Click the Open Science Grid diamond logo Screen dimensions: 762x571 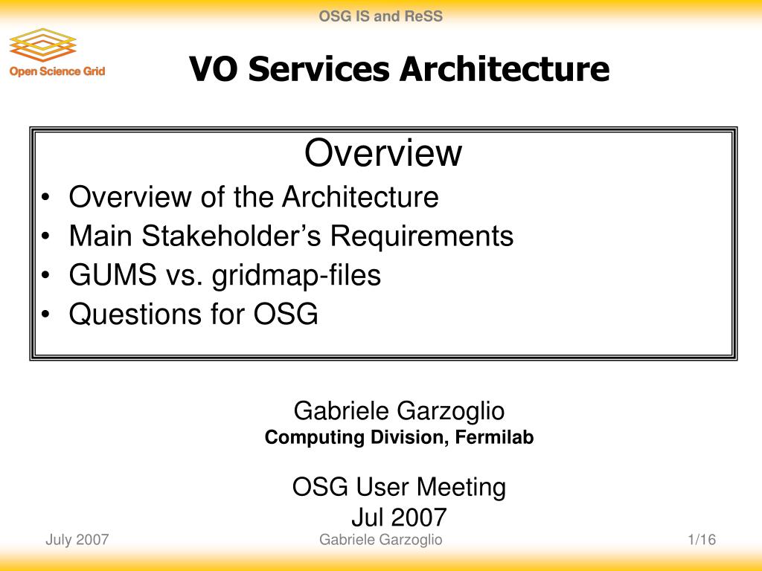(x=42, y=45)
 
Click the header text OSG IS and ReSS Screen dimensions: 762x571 (x=380, y=16)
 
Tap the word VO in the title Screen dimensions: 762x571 (x=213, y=68)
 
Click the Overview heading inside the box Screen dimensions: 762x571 (x=383, y=152)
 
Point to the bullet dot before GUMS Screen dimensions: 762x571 (x=45, y=275)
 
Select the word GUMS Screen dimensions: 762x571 (x=113, y=275)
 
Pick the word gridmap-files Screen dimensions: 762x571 (x=296, y=276)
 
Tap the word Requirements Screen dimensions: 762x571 (x=422, y=236)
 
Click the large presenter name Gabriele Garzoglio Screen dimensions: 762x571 (x=399, y=410)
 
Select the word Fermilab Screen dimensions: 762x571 (x=494, y=437)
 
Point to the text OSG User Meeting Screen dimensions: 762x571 (x=399, y=488)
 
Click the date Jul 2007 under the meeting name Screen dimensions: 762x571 (x=399, y=517)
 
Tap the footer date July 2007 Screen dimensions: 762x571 (x=77, y=540)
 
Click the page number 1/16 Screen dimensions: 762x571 (x=702, y=540)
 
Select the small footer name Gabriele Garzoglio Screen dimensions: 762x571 (x=380, y=540)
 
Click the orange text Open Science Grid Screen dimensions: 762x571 (x=57, y=71)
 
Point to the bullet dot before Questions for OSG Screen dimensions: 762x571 (x=45, y=314)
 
